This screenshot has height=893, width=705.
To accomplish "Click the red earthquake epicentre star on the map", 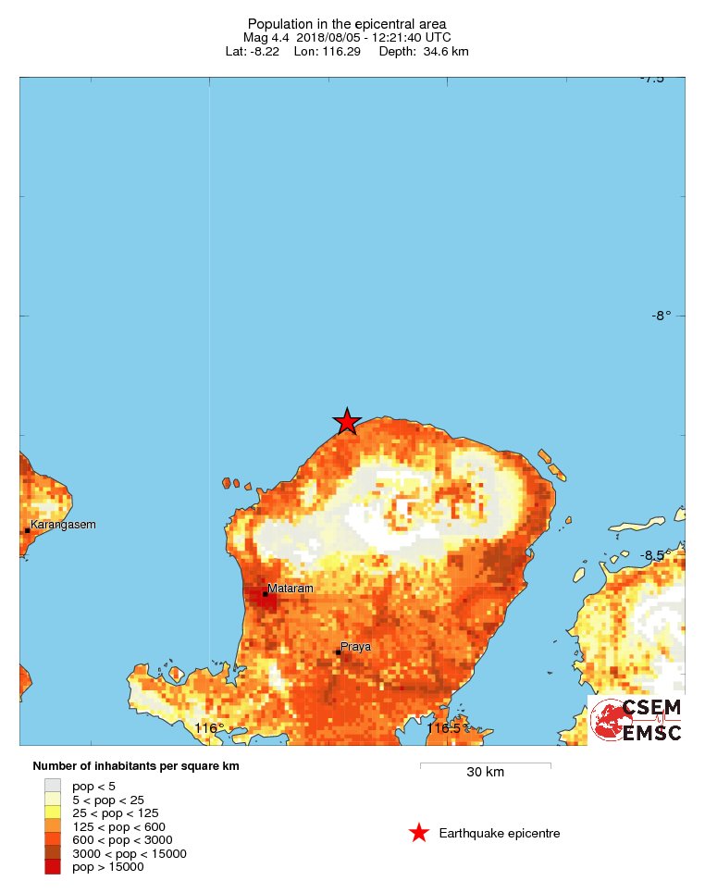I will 346,421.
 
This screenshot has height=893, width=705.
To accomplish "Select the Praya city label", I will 355,646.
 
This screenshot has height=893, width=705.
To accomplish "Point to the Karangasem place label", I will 63,525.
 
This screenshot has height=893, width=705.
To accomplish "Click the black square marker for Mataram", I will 266,594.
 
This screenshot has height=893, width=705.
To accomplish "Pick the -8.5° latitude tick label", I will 661,554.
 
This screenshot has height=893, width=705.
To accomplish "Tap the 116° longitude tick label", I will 209,728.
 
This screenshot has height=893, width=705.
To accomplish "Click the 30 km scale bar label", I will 485,773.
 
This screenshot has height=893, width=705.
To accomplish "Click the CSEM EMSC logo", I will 637,720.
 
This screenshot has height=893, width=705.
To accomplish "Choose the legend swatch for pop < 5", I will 53,786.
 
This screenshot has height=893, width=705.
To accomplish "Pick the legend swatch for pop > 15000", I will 53,867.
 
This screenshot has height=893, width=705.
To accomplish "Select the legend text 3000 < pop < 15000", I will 130,853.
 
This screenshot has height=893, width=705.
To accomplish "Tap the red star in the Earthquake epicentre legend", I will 419,833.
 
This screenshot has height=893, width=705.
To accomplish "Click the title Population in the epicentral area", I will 347,23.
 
